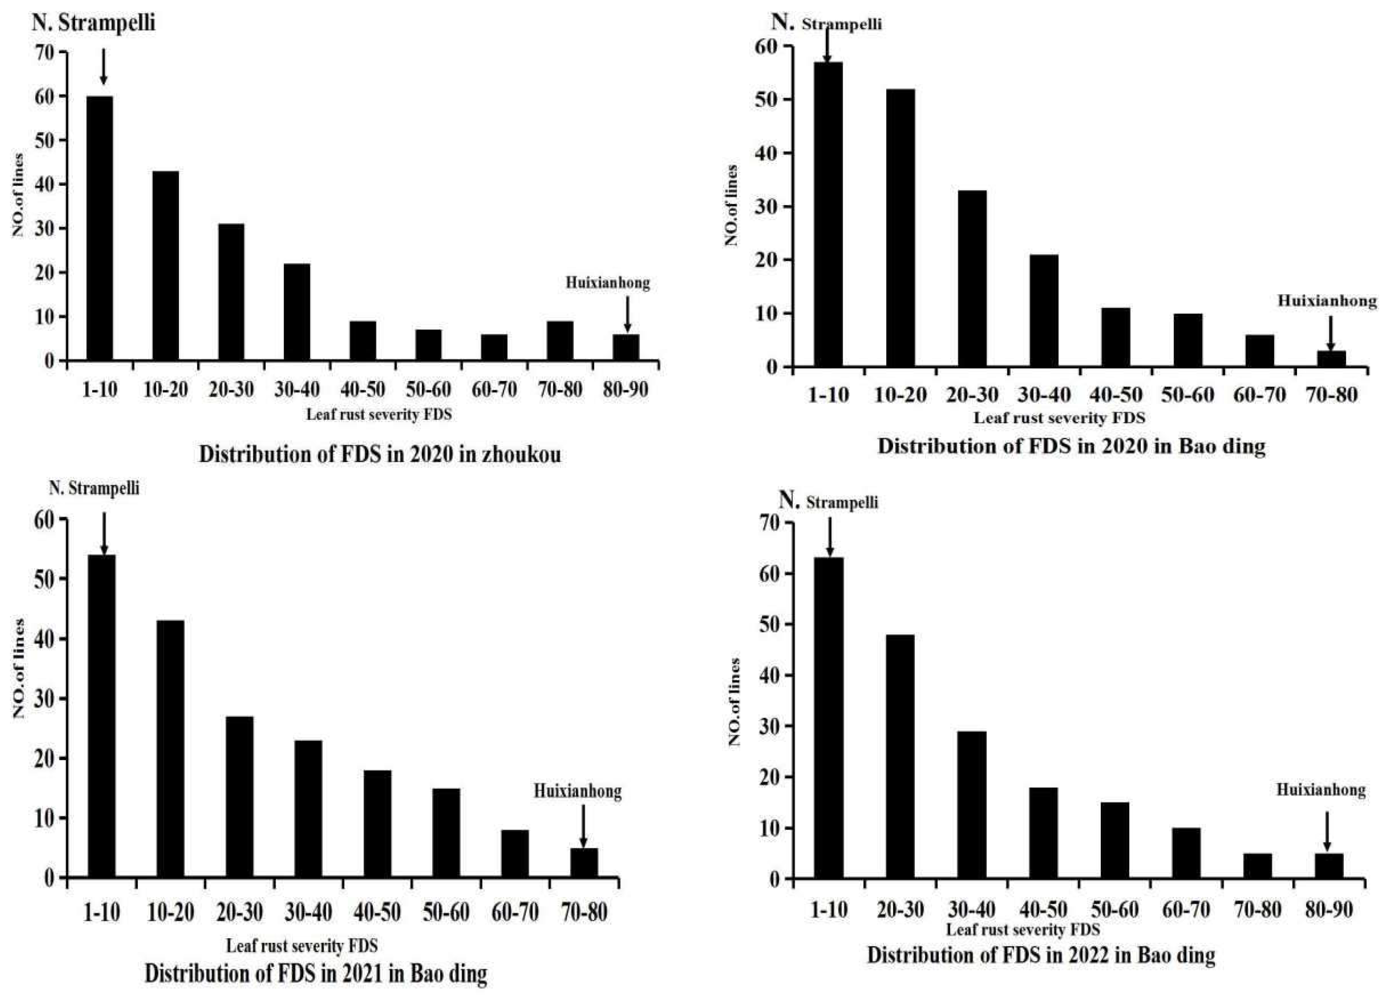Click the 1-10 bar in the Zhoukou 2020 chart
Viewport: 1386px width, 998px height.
100,228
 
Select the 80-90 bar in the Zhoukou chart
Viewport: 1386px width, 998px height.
626,347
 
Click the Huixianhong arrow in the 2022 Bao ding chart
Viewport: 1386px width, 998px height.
1327,831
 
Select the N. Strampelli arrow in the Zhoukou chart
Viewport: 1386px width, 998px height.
103,67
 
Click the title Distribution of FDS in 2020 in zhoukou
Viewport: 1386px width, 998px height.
380,455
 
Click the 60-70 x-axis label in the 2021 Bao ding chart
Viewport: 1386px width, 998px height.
515,912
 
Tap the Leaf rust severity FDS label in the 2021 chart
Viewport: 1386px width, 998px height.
302,946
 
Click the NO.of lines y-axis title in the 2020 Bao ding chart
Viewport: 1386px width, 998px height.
732,205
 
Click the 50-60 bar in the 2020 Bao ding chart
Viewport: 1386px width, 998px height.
1188,340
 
